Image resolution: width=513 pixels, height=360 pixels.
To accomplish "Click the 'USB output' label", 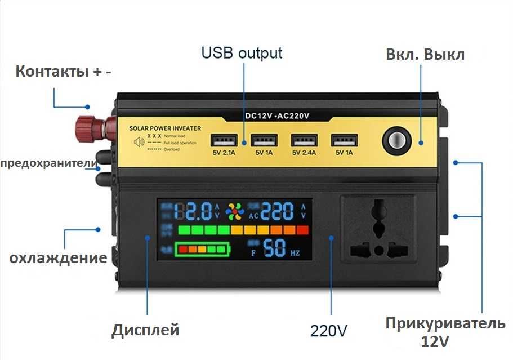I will click(242, 54).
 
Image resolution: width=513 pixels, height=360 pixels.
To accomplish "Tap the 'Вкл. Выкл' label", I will click(425, 55).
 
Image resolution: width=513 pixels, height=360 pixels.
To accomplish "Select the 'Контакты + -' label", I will click(63, 72).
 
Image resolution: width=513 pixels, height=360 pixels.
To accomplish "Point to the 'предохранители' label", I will click(50, 163).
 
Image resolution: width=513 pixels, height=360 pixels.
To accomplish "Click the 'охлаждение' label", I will click(58, 258).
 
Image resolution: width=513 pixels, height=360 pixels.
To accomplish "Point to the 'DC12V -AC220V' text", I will click(278, 115).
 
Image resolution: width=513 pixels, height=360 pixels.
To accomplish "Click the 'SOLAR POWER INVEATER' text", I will click(165, 128).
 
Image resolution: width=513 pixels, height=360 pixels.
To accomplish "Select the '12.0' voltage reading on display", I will click(193, 211).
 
